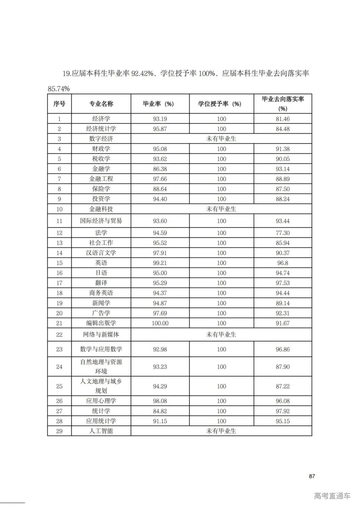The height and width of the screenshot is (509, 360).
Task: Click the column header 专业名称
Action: point(101,104)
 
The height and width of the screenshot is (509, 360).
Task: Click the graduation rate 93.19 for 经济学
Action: point(160,119)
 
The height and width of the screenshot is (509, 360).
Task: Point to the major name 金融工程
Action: point(101,179)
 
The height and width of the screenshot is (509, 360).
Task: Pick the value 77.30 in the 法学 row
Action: point(282,233)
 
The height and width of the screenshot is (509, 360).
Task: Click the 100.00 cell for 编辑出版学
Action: point(160,323)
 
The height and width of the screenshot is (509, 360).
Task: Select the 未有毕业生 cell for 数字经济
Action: point(221,139)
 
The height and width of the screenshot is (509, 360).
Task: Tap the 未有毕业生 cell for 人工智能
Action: point(221,431)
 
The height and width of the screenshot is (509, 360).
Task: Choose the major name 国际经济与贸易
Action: point(101,221)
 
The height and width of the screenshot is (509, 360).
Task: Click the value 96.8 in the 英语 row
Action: point(282,263)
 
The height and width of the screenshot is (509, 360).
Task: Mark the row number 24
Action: point(59,367)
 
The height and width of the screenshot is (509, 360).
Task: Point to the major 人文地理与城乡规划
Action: point(101,386)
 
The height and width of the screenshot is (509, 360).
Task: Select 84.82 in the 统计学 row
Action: point(160,411)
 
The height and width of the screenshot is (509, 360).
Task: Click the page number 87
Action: point(312,476)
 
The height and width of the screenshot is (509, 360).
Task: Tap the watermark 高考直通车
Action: point(332,496)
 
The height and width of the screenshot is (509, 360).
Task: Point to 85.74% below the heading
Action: point(59,89)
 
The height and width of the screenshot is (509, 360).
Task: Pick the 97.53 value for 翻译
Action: point(282,283)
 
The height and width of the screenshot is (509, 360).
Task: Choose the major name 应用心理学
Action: point(101,401)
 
